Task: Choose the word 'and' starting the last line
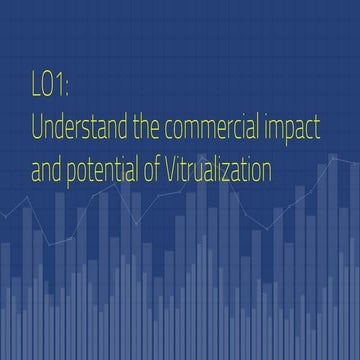[x=45, y=172]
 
